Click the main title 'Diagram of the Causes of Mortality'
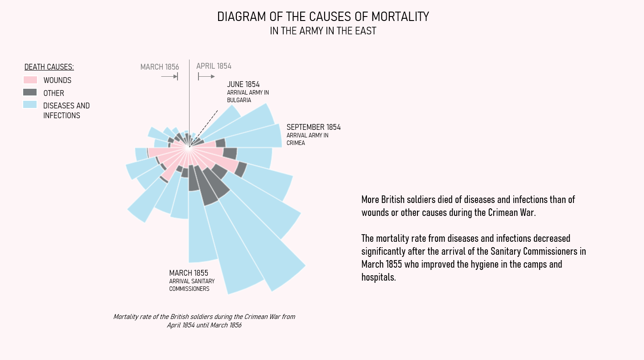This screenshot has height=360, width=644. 323,17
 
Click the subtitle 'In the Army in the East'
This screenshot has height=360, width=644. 323,31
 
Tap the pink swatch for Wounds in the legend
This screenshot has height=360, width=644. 30,80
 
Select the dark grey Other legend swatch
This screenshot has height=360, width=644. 30,92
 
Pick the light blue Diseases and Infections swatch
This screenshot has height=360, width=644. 30,105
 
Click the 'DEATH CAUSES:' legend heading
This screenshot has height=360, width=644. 49,67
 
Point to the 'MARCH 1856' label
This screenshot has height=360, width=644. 159,67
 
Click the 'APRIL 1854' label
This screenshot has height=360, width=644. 214,66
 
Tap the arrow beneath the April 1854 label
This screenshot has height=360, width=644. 206,77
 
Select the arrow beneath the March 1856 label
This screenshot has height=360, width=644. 169,77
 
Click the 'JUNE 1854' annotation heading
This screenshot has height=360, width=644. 243,84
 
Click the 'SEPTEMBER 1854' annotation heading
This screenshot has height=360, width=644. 314,127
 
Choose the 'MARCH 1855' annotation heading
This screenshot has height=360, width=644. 189,273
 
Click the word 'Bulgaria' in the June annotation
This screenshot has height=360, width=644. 239,100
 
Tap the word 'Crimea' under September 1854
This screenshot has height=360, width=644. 296,143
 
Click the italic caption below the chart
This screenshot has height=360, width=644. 204,321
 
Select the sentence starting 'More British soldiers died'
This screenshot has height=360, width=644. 468,206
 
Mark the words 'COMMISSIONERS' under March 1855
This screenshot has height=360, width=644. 189,289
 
